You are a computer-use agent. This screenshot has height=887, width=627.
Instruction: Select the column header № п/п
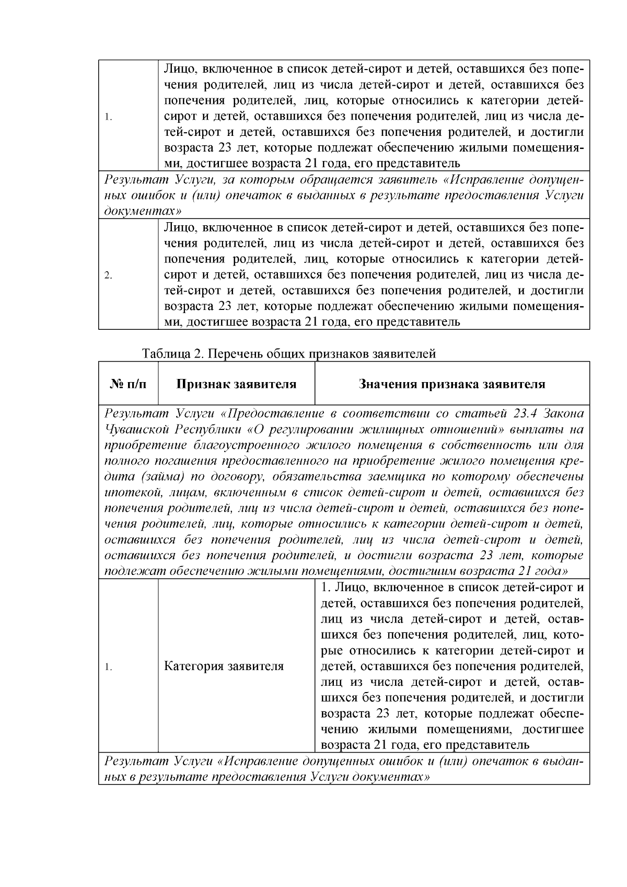point(128,384)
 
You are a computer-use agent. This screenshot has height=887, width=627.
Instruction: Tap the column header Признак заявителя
point(236,384)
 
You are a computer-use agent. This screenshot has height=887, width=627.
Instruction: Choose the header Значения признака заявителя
point(452,384)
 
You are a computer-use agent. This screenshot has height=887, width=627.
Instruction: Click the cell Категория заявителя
point(224,666)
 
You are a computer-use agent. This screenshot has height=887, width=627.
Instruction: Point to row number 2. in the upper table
point(109,275)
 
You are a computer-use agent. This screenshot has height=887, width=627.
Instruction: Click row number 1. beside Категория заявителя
point(108,667)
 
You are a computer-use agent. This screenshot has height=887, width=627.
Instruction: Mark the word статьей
point(481,413)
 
